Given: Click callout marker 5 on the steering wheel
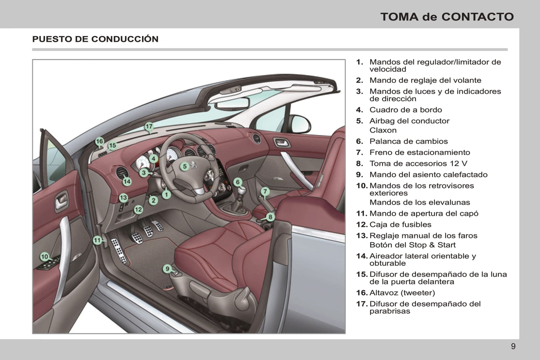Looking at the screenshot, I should tap(185, 167).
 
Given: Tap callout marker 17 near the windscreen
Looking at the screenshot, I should tap(149, 127).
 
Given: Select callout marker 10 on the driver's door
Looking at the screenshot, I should tap(44, 257).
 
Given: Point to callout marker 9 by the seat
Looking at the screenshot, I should tap(168, 269).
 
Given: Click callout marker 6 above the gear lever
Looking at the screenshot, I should tap(238, 182).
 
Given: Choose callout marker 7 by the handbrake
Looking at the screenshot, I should tap(265, 192).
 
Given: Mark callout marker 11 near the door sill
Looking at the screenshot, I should tap(97, 240).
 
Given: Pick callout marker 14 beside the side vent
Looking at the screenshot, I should tap(127, 181).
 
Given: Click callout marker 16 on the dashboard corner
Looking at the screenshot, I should tap(99, 142).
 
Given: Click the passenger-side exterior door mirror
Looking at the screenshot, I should tap(301, 124).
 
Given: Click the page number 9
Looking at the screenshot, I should tap(513, 346).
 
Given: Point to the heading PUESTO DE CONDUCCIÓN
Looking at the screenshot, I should tap(95, 39).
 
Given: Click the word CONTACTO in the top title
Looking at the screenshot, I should tap(478, 17).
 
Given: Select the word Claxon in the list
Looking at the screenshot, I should tap(383, 130).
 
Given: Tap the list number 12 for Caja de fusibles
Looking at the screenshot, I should tap(361, 224).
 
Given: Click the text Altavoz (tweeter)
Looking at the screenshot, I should tap(402, 293).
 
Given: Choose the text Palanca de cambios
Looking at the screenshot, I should tap(408, 141).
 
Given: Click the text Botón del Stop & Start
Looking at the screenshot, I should tap(413, 245).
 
